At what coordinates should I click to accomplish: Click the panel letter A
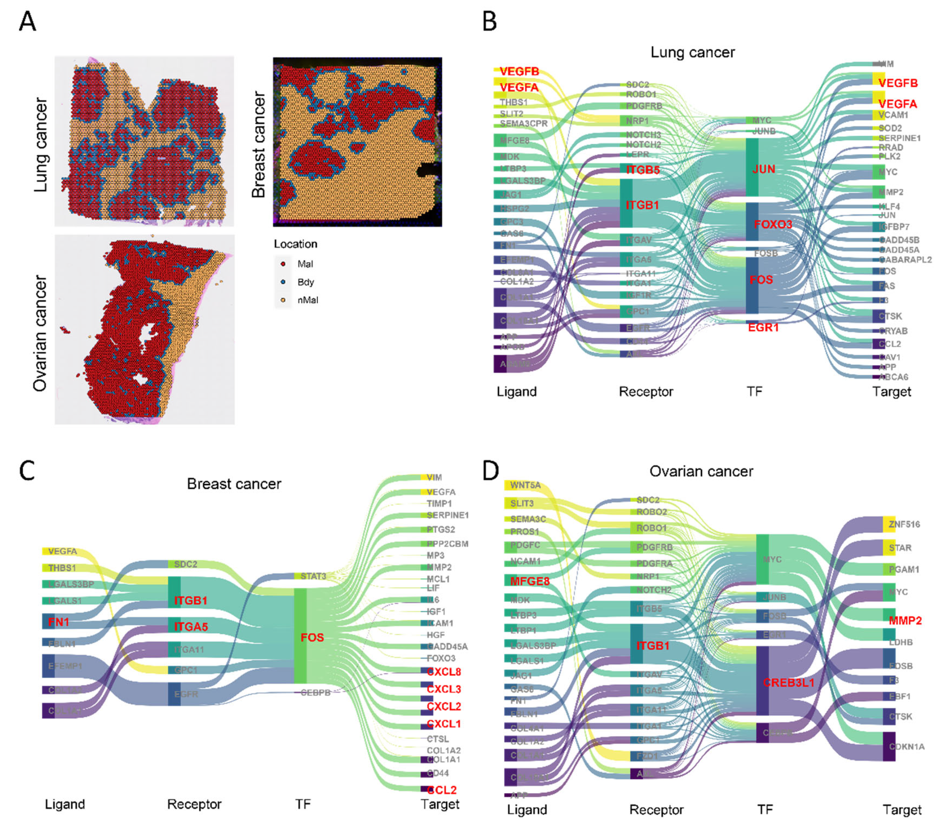[x=28, y=22]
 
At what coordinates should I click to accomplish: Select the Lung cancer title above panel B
[x=692, y=52]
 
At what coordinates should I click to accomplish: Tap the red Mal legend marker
[x=283, y=264]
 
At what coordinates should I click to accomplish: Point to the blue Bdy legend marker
[x=283, y=282]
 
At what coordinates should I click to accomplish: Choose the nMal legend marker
[x=283, y=300]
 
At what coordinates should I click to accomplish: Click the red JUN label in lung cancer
[x=764, y=169]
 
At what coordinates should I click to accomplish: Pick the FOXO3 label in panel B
[x=773, y=224]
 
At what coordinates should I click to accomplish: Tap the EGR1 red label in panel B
[x=763, y=328]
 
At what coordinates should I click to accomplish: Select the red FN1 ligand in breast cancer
[x=59, y=622]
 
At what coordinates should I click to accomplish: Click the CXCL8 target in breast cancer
[x=443, y=672]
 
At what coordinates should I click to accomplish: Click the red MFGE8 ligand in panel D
[x=530, y=581]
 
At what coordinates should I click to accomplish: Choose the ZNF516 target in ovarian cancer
[x=904, y=524]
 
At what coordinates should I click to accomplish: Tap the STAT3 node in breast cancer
[x=313, y=576]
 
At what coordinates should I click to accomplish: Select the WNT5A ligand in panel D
[x=525, y=485]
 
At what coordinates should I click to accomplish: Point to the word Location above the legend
[x=295, y=244]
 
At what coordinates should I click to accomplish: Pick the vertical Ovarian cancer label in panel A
[x=41, y=333]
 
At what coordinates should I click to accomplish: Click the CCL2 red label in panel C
[x=442, y=790]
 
